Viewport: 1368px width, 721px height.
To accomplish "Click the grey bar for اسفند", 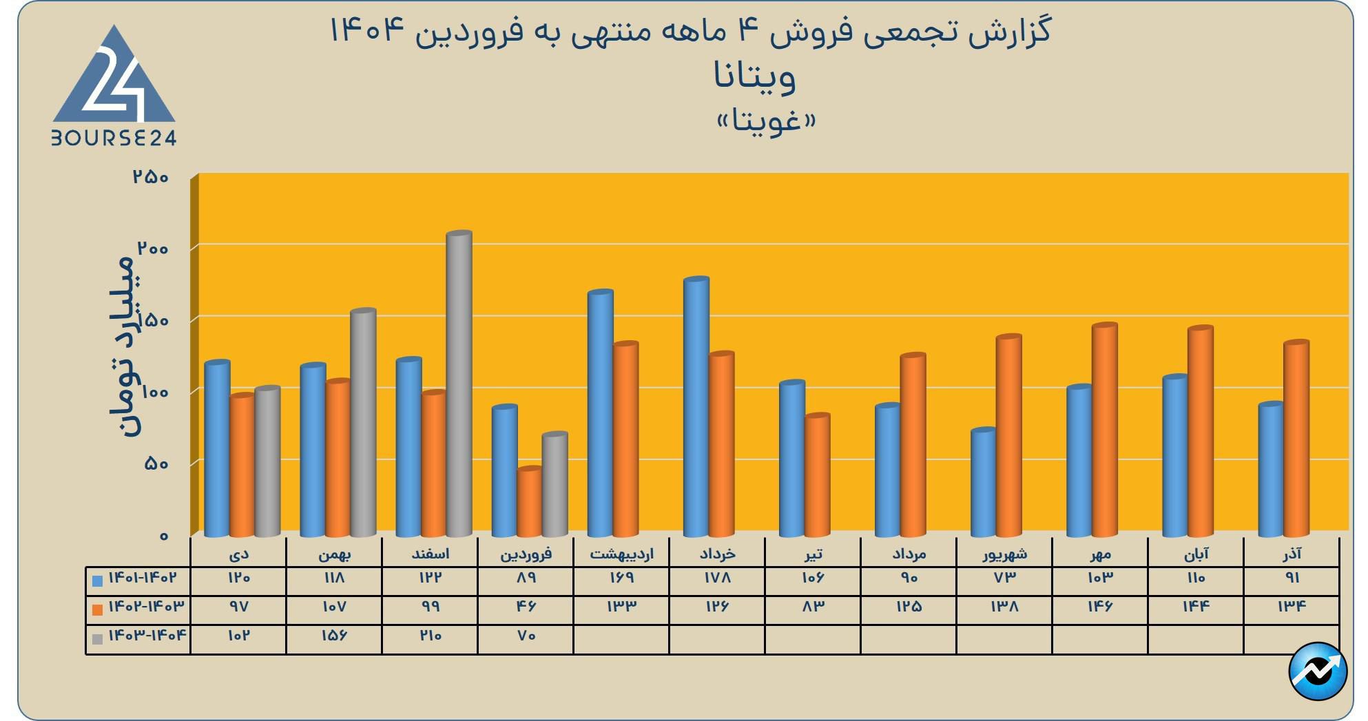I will coord(459,384).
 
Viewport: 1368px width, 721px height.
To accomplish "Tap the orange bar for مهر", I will coord(1104,430).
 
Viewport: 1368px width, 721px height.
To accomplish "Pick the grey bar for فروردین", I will coord(555,485).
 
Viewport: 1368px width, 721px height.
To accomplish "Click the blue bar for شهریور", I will coord(983,483).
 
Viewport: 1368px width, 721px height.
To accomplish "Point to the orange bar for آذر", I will coord(1296,439).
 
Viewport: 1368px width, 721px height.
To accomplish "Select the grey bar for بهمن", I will coord(363,423).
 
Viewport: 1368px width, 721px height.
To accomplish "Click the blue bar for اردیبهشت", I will coord(600,414).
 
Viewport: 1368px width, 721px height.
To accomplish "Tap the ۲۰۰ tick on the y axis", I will coord(152,249).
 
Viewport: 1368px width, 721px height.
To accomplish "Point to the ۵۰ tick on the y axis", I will coord(156,463).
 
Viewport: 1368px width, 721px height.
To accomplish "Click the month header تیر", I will coord(813,554).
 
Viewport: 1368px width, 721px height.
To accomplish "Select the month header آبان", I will coord(1196,554).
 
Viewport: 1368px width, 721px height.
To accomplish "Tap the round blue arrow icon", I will coord(1317,671).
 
